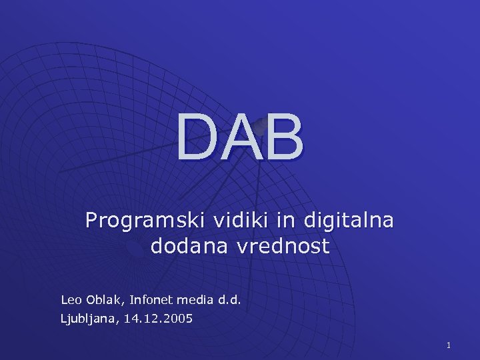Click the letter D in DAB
coord(199,138)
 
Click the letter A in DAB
coord(241,138)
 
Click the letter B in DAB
coord(283,138)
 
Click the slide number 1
coord(449,345)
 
